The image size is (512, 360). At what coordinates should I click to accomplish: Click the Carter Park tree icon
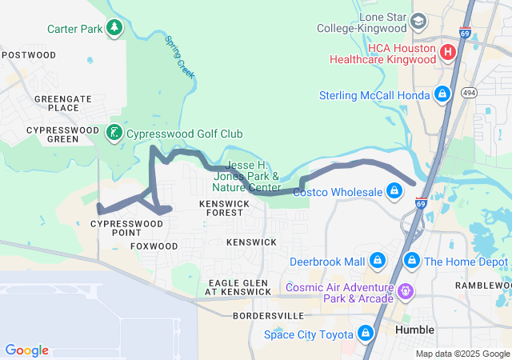[x=114, y=28]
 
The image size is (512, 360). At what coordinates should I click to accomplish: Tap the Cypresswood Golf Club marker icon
[x=115, y=132]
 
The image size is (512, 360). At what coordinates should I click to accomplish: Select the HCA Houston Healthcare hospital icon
[x=448, y=53]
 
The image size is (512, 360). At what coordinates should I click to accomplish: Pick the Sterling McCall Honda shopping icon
[x=442, y=95]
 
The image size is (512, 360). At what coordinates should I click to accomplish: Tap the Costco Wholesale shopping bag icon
[x=394, y=191]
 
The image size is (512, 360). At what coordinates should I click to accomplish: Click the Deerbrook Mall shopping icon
[x=377, y=261]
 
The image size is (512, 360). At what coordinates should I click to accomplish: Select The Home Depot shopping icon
[x=412, y=261]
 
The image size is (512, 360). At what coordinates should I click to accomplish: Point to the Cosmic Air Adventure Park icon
[x=406, y=291]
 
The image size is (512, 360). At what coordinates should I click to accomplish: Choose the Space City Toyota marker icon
[x=366, y=331]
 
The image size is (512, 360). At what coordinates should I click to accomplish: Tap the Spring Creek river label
[x=179, y=56]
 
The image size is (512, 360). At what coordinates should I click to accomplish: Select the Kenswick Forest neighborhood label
[x=224, y=209]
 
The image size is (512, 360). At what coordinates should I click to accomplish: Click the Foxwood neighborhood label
[x=154, y=246]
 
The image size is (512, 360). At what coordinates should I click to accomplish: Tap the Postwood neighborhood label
[x=29, y=55]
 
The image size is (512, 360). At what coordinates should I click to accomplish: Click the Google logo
[x=27, y=350]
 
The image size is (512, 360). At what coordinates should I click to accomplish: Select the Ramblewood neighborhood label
[x=482, y=286]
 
